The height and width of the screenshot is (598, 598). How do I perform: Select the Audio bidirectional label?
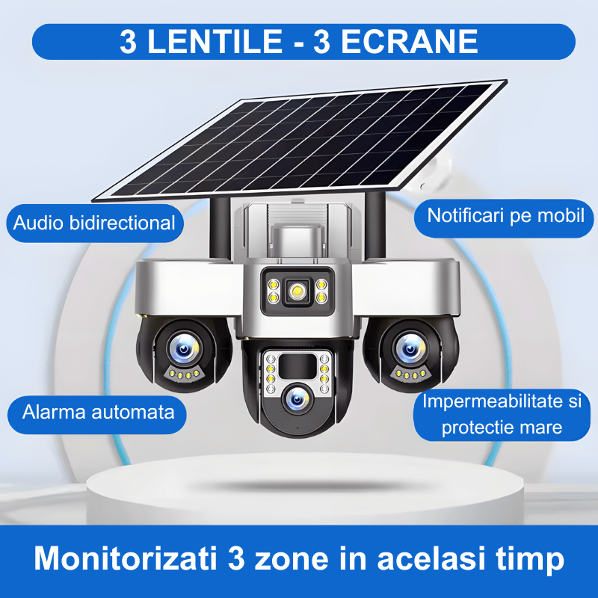click(x=94, y=222)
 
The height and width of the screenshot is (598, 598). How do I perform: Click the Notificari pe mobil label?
click(x=505, y=216)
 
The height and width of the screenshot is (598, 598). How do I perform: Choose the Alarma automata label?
click(x=98, y=411)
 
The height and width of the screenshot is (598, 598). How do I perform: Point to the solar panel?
click(x=299, y=142)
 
